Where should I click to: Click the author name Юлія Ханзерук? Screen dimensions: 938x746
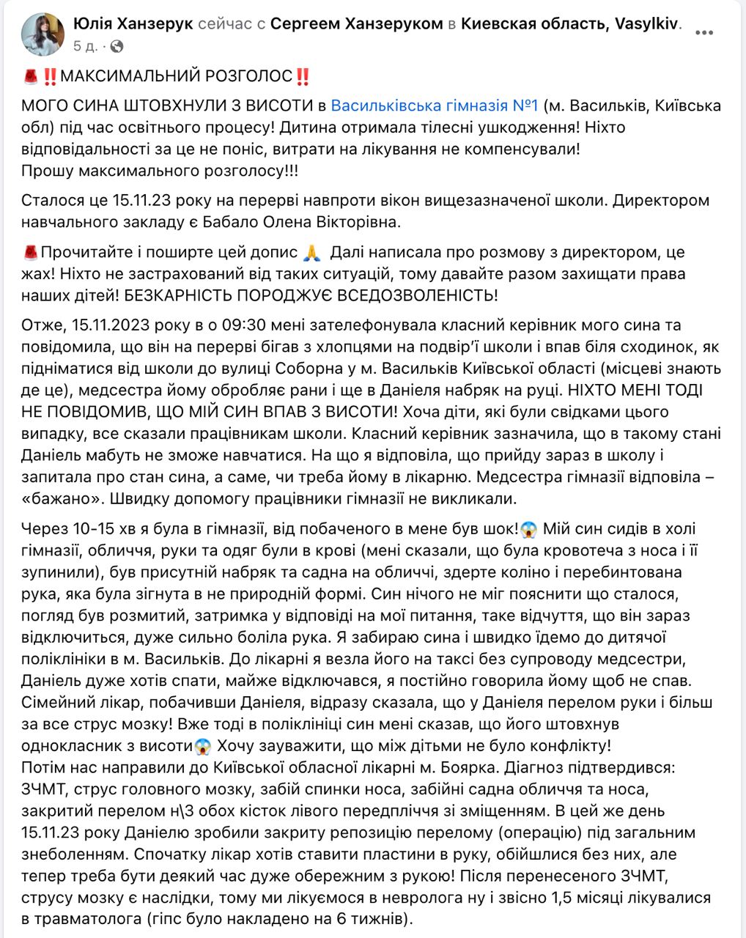133,23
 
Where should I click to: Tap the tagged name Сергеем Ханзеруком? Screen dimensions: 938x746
356,23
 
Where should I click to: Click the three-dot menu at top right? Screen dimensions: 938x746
704,34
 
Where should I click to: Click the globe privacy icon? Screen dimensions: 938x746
117,46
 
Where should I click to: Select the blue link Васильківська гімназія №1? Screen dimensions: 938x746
435,106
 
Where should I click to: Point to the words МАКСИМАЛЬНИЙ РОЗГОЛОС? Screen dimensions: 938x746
176,76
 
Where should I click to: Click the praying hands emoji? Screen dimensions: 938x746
312,253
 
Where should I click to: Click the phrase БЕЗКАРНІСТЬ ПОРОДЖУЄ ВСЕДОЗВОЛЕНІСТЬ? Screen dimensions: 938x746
306,295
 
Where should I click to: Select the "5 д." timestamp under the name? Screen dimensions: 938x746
85,46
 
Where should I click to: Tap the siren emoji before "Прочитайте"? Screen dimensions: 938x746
30,253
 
